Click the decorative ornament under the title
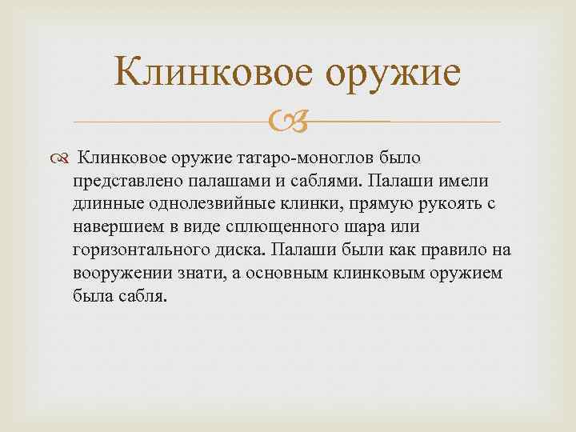286,122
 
